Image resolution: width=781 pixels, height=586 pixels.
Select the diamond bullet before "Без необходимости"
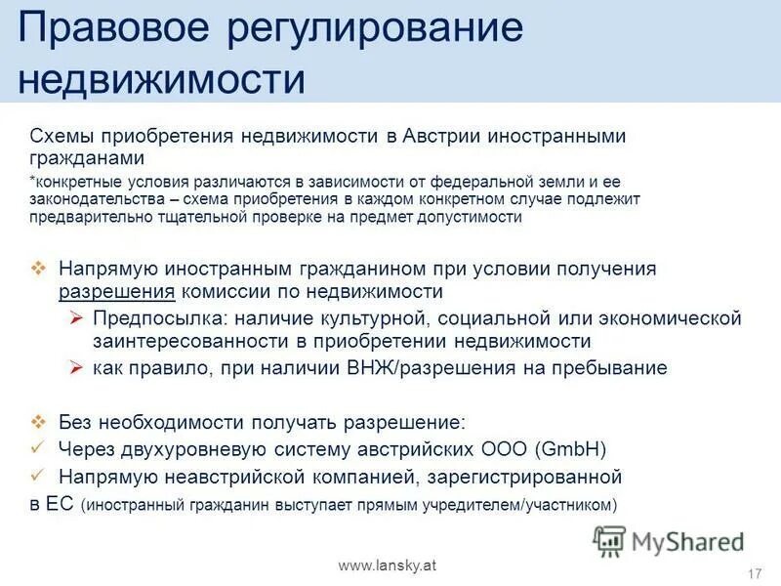[x=39, y=422]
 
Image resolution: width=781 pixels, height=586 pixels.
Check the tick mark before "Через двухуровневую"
[x=38, y=449]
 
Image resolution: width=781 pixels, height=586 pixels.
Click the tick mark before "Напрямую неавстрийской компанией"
[x=38, y=477]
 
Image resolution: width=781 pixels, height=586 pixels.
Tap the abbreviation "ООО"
[x=507, y=449]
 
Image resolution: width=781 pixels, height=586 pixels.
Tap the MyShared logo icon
[x=609, y=540]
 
